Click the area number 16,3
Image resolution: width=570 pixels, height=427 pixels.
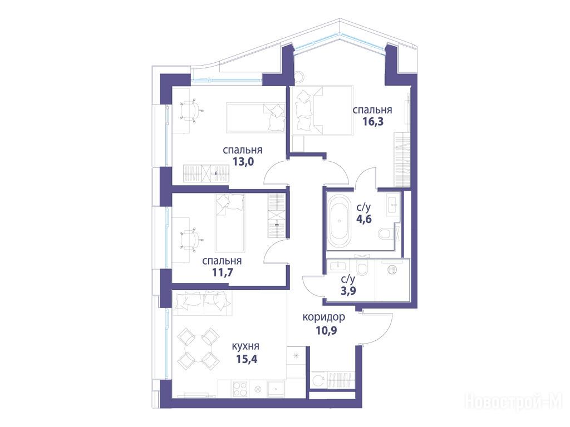tap(373, 121)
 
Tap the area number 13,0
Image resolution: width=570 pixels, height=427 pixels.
tap(243, 161)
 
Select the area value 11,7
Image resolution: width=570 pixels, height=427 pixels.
tap(222, 272)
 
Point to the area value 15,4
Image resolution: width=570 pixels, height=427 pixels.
tap(247, 359)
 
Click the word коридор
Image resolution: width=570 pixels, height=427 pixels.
tap(324, 317)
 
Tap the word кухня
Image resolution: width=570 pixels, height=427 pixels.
tap(245, 346)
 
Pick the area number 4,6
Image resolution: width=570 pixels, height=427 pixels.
tap(364, 219)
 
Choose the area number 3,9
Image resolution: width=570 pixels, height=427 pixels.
tap(348, 290)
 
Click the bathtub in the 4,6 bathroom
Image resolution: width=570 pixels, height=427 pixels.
tap(340, 220)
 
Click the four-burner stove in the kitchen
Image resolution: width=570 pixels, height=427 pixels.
tap(240, 389)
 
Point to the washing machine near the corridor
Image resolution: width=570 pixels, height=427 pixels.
tap(319, 380)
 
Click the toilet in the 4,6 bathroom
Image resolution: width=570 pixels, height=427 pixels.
tap(385, 234)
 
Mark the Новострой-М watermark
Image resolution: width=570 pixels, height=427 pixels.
tap(514, 402)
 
